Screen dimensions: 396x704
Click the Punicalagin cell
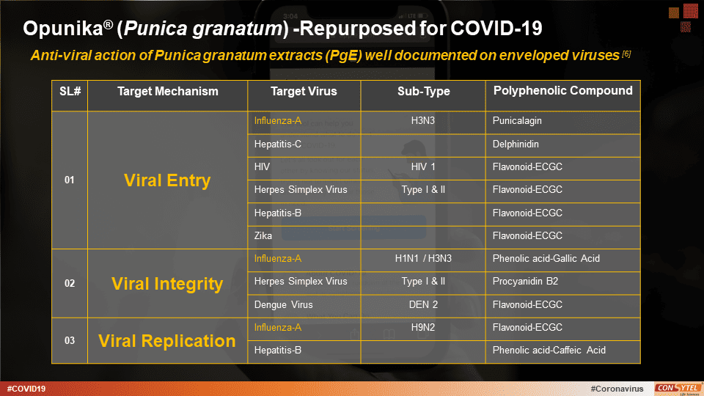518,120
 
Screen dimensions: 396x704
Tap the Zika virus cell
263,235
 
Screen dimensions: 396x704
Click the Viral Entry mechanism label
168,180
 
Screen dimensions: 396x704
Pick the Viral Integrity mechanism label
167,284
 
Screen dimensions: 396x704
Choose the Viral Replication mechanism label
167,340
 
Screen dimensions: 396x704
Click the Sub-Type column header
423,92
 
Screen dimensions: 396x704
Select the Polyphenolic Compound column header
562,91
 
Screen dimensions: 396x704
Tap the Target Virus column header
304,92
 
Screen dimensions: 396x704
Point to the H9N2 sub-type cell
423,327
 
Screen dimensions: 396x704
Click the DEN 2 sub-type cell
423,304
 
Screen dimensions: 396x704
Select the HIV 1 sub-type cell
423,166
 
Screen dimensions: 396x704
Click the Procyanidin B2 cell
526,281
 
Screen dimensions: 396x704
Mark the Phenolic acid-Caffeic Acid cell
549,350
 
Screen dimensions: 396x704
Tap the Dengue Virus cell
284,304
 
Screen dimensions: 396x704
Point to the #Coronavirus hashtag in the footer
617,389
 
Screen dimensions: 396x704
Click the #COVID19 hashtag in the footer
26,389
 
